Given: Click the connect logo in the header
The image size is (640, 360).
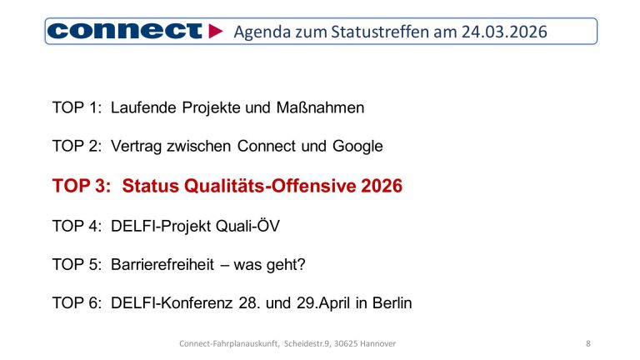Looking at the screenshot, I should (x=124, y=32).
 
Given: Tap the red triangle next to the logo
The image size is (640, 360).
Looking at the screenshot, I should (x=216, y=32).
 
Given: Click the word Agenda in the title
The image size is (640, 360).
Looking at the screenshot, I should (x=260, y=32).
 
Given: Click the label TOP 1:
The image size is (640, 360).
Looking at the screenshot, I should (x=77, y=107).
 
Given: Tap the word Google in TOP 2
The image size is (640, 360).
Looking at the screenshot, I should (x=357, y=146).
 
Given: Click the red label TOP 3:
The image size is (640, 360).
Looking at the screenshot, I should (x=81, y=186).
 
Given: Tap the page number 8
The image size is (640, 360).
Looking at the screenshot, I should (x=588, y=343).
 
